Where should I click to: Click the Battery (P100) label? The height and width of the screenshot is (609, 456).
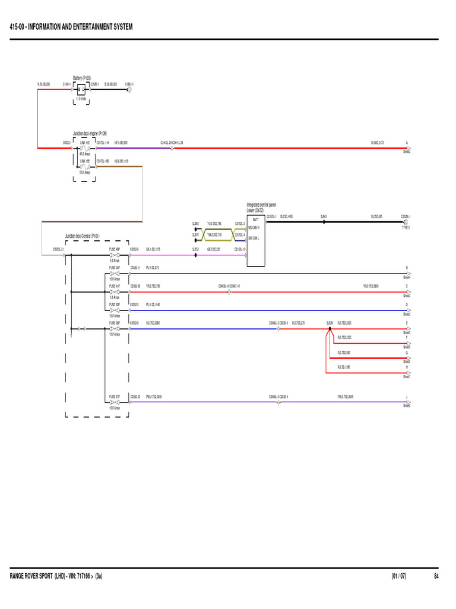click(x=81, y=77)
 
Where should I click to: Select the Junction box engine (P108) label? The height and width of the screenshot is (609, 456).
click(x=90, y=134)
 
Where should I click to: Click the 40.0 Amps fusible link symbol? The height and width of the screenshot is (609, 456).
click(x=85, y=148)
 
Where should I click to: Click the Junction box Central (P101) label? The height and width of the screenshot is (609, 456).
click(x=82, y=236)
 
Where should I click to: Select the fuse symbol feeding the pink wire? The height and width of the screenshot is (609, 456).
click(x=113, y=255)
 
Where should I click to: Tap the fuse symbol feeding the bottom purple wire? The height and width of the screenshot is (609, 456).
click(x=113, y=402)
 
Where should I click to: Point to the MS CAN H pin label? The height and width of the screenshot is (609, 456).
click(x=254, y=228)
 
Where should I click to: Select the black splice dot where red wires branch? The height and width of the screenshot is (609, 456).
click(x=327, y=328)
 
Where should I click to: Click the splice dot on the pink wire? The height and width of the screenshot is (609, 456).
click(x=195, y=255)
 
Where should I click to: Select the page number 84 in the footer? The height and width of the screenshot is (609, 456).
click(x=436, y=576)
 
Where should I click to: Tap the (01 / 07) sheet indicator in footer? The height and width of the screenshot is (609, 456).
click(x=399, y=576)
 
